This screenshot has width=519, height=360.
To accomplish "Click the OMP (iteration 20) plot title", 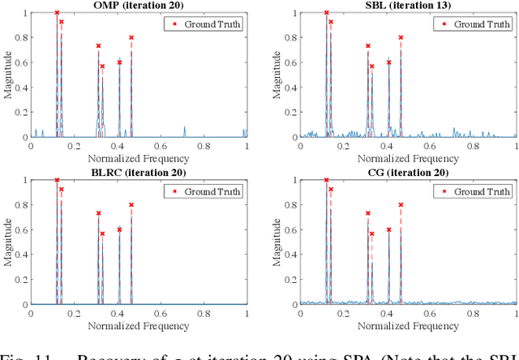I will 139,6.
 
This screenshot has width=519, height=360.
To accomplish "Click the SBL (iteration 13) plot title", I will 408,6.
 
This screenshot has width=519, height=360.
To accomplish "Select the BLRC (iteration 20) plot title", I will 139,173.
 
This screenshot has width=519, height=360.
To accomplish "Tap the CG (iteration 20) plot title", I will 408,173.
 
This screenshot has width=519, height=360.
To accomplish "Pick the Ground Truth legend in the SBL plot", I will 475,24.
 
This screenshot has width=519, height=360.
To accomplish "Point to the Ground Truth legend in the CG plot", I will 475,191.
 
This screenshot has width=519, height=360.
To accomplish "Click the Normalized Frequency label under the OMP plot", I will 139,158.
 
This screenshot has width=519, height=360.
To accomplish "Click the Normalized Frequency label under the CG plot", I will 408,325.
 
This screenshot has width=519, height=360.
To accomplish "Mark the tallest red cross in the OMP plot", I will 57,13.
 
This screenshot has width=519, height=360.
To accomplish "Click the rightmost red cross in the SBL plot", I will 401,37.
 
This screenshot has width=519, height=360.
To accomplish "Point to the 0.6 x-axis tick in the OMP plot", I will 161,146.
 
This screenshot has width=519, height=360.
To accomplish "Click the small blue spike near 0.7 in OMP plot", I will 185,131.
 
